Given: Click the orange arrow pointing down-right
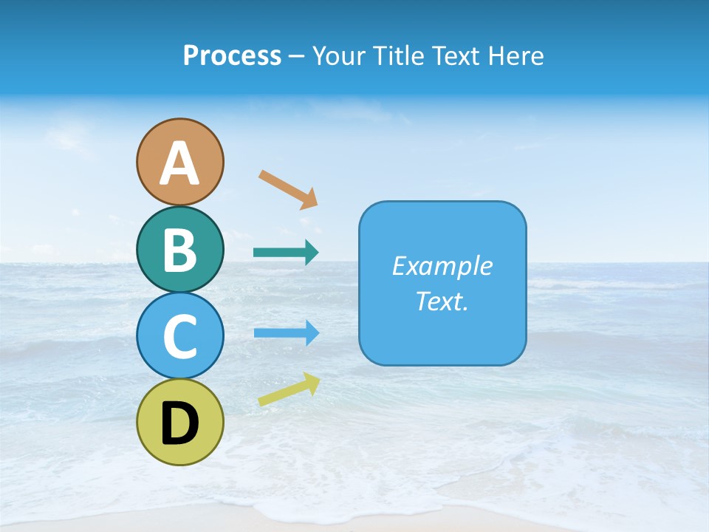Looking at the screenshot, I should [x=288, y=189].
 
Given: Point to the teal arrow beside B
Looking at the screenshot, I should [x=285, y=253].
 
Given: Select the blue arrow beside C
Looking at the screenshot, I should [x=286, y=332].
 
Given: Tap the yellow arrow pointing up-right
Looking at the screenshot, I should [x=289, y=389].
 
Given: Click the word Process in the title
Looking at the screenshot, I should [x=232, y=56].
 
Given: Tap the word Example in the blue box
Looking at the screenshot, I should [x=442, y=266].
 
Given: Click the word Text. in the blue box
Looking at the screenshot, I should [x=442, y=301].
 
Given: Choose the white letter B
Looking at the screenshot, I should [x=179, y=250].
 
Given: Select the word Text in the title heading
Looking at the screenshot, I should [x=457, y=56].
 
